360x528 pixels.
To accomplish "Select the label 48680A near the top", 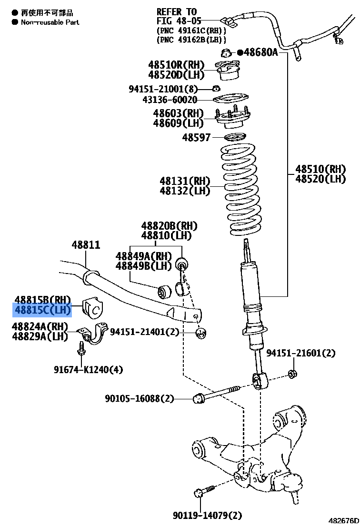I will pos(260,52).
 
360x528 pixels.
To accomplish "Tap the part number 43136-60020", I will pos(170,100).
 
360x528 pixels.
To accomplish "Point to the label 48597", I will pos(196,138).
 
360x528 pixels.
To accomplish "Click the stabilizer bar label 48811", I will pos(86,245).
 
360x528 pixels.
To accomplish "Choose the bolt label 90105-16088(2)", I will pos(140,398).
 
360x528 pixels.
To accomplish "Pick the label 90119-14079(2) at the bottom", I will pos(208,515).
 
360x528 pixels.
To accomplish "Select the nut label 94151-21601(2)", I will pos(300,353).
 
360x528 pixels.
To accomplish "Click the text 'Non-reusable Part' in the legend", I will pos(50,22).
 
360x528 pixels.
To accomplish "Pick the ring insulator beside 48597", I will pos(234,138).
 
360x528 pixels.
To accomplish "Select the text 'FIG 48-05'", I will pos(179,21).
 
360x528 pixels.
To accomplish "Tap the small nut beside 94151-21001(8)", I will pos(215,88).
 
